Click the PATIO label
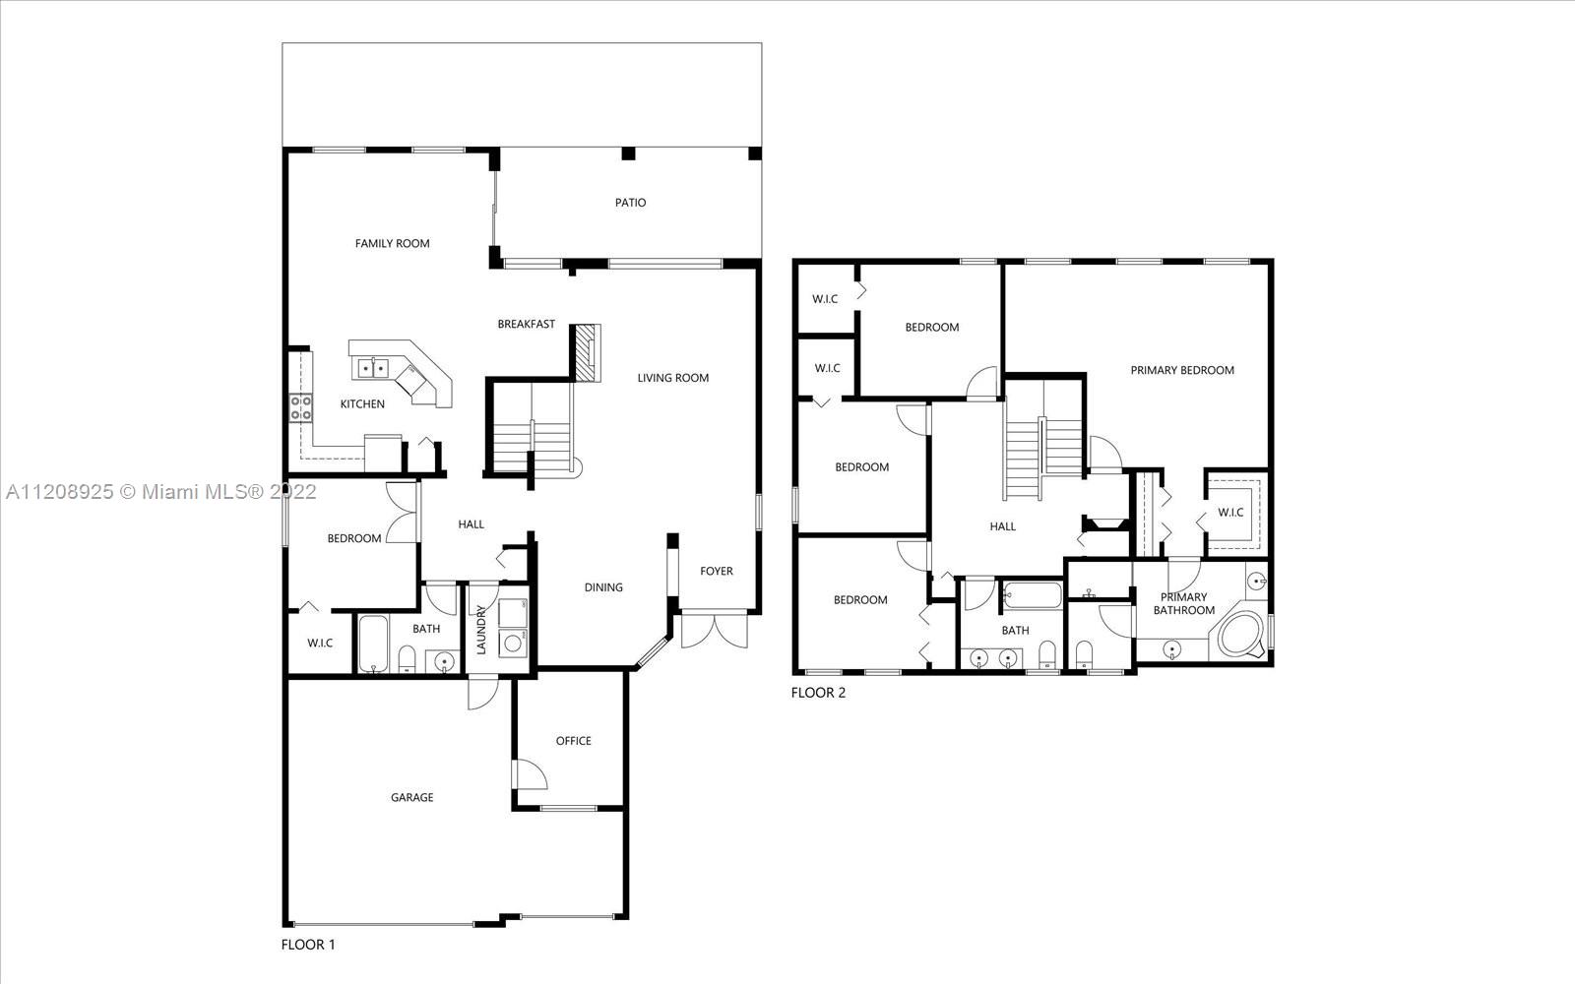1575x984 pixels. click(x=630, y=203)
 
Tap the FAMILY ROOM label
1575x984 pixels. click(x=393, y=243)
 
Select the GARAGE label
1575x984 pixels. click(x=412, y=797)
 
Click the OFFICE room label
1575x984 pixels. click(x=573, y=741)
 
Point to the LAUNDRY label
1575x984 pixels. click(x=481, y=630)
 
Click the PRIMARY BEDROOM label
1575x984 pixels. click(x=1182, y=370)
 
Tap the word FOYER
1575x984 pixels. click(x=717, y=571)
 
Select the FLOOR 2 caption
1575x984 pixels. click(x=818, y=693)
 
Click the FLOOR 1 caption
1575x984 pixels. click(x=308, y=945)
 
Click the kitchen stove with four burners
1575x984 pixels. click(x=301, y=408)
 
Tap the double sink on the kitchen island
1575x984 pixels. click(x=373, y=368)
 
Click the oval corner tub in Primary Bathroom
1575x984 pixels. click(x=1242, y=635)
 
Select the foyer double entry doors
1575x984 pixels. click(x=714, y=630)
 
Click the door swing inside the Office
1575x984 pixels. click(x=532, y=774)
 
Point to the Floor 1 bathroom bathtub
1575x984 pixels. click(x=373, y=644)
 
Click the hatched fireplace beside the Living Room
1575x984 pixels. click(x=587, y=353)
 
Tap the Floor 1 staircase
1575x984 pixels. click(x=535, y=429)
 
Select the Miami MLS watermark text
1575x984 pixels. click(x=161, y=492)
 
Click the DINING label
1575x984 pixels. click(x=603, y=587)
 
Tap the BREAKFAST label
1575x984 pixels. click(x=526, y=324)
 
